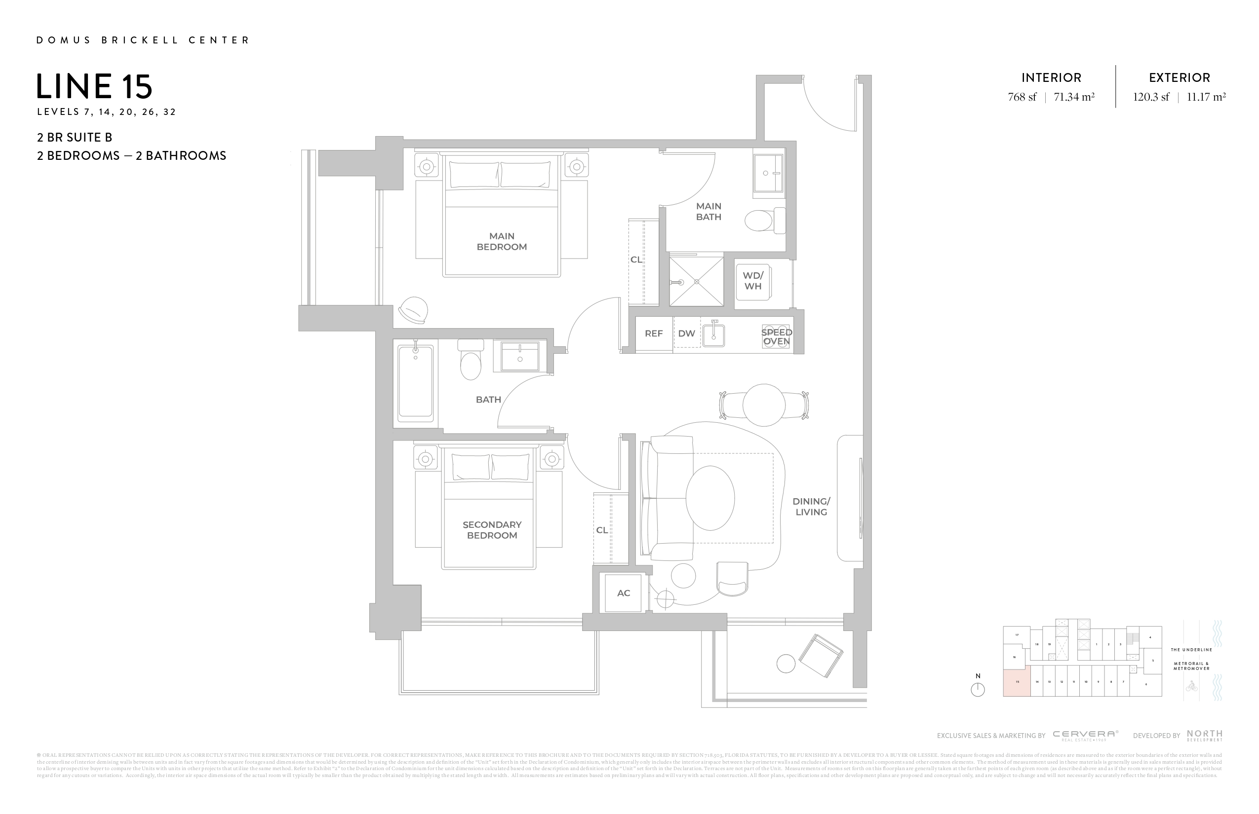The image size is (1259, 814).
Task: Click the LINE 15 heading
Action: click(x=95, y=87)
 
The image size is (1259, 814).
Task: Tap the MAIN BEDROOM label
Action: click(x=502, y=242)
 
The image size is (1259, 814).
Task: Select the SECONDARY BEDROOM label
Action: click(x=492, y=530)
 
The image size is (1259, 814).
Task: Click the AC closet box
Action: click(x=623, y=593)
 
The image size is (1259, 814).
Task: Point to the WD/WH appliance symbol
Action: click(x=753, y=281)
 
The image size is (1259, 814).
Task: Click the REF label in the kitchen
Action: click(x=653, y=333)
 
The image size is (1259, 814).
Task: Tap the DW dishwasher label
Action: click(x=686, y=333)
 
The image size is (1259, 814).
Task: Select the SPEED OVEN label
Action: click(x=776, y=336)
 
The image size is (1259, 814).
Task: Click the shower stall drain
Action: click(x=697, y=282)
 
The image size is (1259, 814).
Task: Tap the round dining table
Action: click(x=763, y=405)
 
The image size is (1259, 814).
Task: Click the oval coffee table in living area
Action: click(x=710, y=498)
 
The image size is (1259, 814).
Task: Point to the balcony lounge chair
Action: click(x=820, y=656)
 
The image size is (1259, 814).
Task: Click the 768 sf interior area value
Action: click(x=1022, y=97)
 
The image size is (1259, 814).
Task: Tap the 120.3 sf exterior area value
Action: click(x=1150, y=97)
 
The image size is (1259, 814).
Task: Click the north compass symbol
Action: click(x=978, y=689)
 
